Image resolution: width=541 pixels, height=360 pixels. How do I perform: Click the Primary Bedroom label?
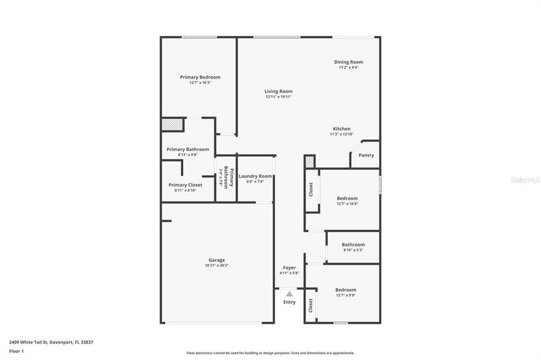point(200,77)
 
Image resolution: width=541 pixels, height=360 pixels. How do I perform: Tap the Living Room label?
point(279,91)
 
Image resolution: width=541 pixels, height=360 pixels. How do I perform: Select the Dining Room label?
point(348,62)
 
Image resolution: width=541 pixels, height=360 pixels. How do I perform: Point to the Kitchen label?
point(342,129)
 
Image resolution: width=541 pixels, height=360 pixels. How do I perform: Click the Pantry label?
point(366,155)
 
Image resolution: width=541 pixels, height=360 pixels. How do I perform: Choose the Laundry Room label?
point(255,176)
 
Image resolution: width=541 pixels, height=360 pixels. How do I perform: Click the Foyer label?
point(289,268)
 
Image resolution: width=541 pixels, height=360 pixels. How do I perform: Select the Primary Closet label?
point(186,185)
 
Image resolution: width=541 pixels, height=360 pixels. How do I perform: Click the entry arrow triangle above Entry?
point(289,294)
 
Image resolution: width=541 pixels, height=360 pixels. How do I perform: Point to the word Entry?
point(289,302)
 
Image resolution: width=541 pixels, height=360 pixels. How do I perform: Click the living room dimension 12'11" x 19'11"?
point(279,97)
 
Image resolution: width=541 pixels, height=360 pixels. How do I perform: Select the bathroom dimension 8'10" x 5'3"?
point(353,250)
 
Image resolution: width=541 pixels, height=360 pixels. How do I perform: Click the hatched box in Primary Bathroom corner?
point(170,124)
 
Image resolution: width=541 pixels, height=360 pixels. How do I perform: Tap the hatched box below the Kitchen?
point(309,162)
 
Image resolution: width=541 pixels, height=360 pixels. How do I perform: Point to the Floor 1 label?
point(16,351)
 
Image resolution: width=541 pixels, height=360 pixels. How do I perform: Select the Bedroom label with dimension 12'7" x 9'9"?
point(346,290)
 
